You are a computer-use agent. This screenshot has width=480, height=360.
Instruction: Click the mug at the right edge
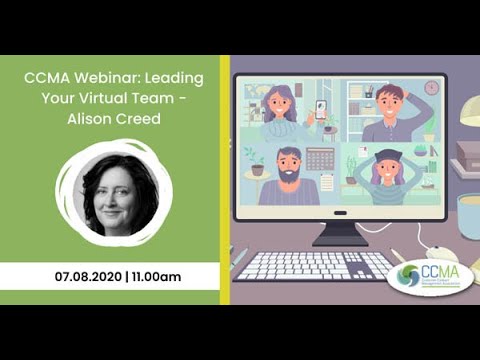click(x=469, y=214)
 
